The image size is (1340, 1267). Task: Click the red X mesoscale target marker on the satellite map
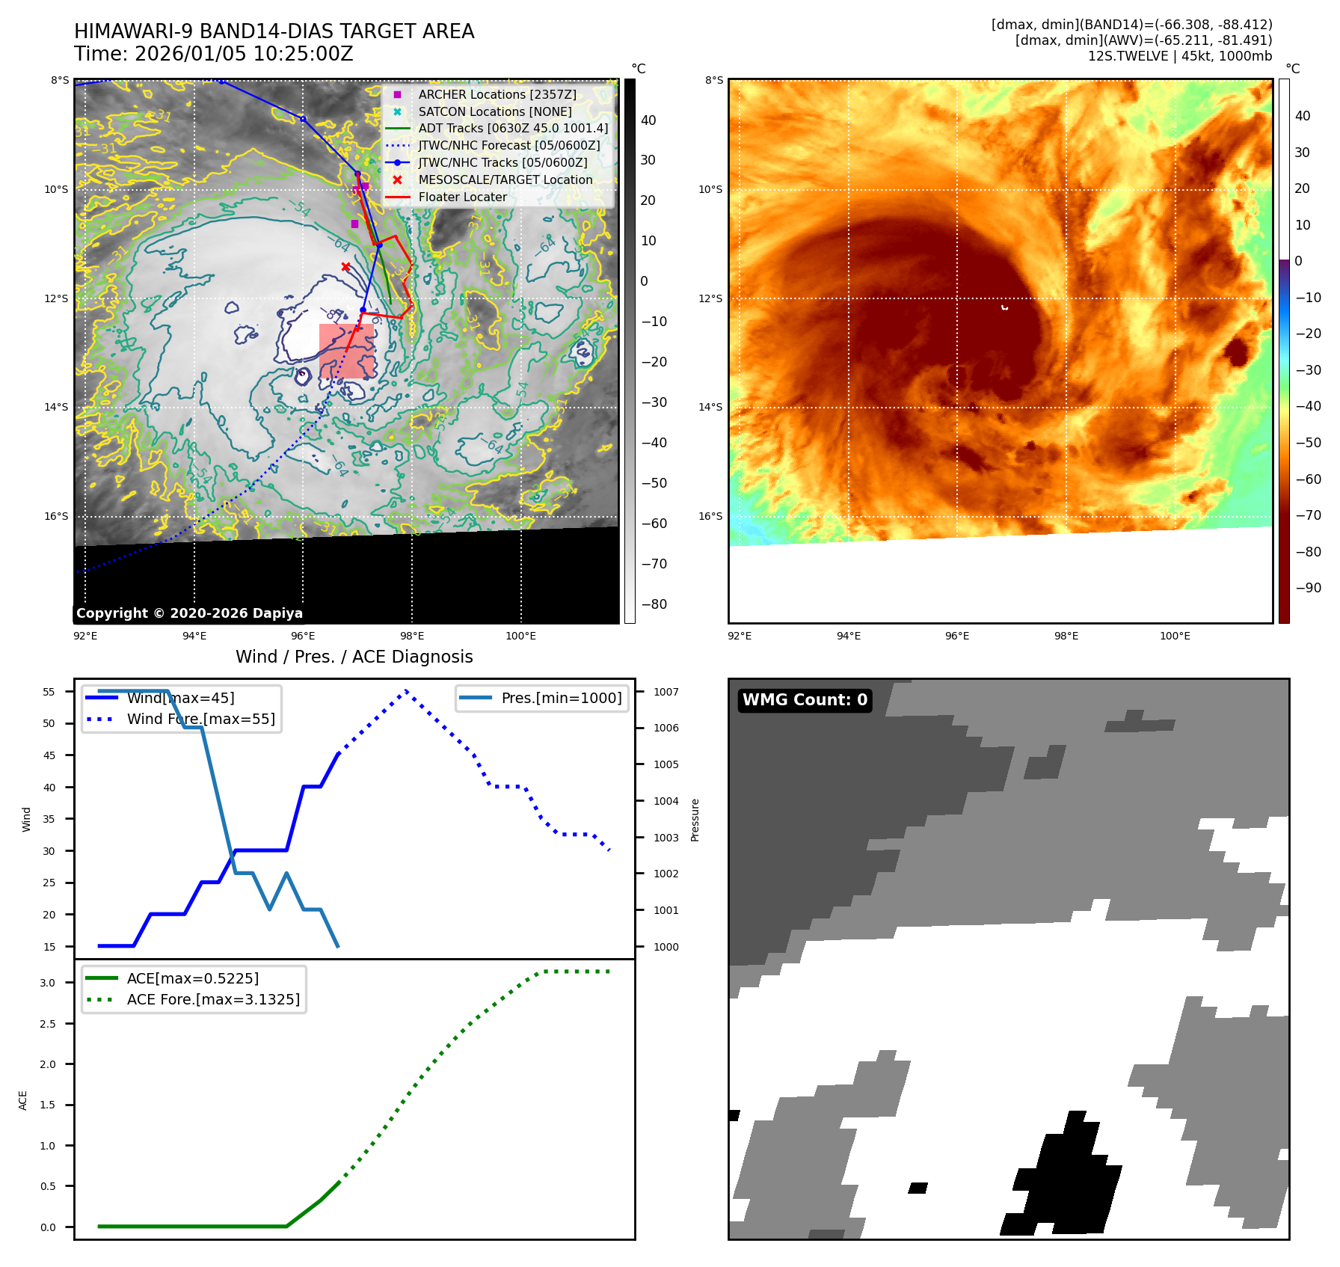[x=345, y=266]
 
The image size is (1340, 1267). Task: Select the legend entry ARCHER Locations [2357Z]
[x=497, y=94]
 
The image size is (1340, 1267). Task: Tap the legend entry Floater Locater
[x=462, y=197]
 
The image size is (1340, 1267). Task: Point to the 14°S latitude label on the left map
[x=56, y=407]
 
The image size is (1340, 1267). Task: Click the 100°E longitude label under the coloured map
[x=1175, y=636]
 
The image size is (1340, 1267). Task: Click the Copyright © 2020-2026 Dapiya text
[x=189, y=613]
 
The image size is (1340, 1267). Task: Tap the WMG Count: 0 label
[x=805, y=700]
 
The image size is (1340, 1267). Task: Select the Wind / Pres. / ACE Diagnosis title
[x=354, y=657]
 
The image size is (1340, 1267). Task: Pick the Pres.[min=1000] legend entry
[x=561, y=698]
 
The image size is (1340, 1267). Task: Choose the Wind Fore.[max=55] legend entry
[x=200, y=719]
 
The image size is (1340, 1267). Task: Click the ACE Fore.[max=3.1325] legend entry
[x=213, y=999]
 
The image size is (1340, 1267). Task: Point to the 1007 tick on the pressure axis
[x=666, y=692]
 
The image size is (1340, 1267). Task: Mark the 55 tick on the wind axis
[x=49, y=692]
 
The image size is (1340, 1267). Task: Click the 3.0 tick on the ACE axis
[x=48, y=983]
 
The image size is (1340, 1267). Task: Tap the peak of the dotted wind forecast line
[x=405, y=690]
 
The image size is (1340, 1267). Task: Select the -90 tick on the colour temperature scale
[x=1308, y=588]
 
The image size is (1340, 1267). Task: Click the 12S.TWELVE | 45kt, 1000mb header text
[x=1179, y=56]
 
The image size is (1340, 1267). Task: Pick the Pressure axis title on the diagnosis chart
[x=695, y=820]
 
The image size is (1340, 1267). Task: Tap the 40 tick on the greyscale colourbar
[x=648, y=120]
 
